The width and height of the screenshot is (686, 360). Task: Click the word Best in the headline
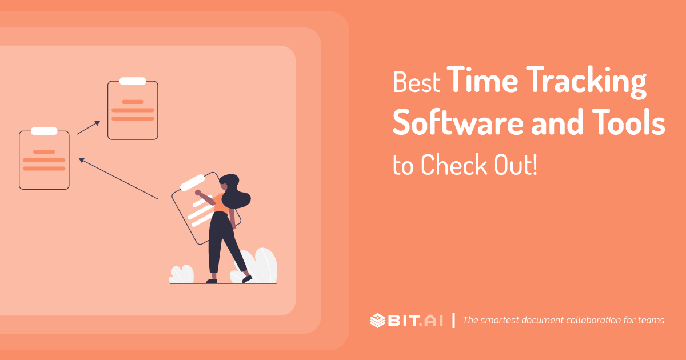416,83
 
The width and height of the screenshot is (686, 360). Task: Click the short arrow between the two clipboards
89,127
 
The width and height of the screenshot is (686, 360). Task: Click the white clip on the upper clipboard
133,81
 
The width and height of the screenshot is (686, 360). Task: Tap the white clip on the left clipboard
44,131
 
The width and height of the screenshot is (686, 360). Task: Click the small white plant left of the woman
182,274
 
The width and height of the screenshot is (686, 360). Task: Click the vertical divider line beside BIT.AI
453,320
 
